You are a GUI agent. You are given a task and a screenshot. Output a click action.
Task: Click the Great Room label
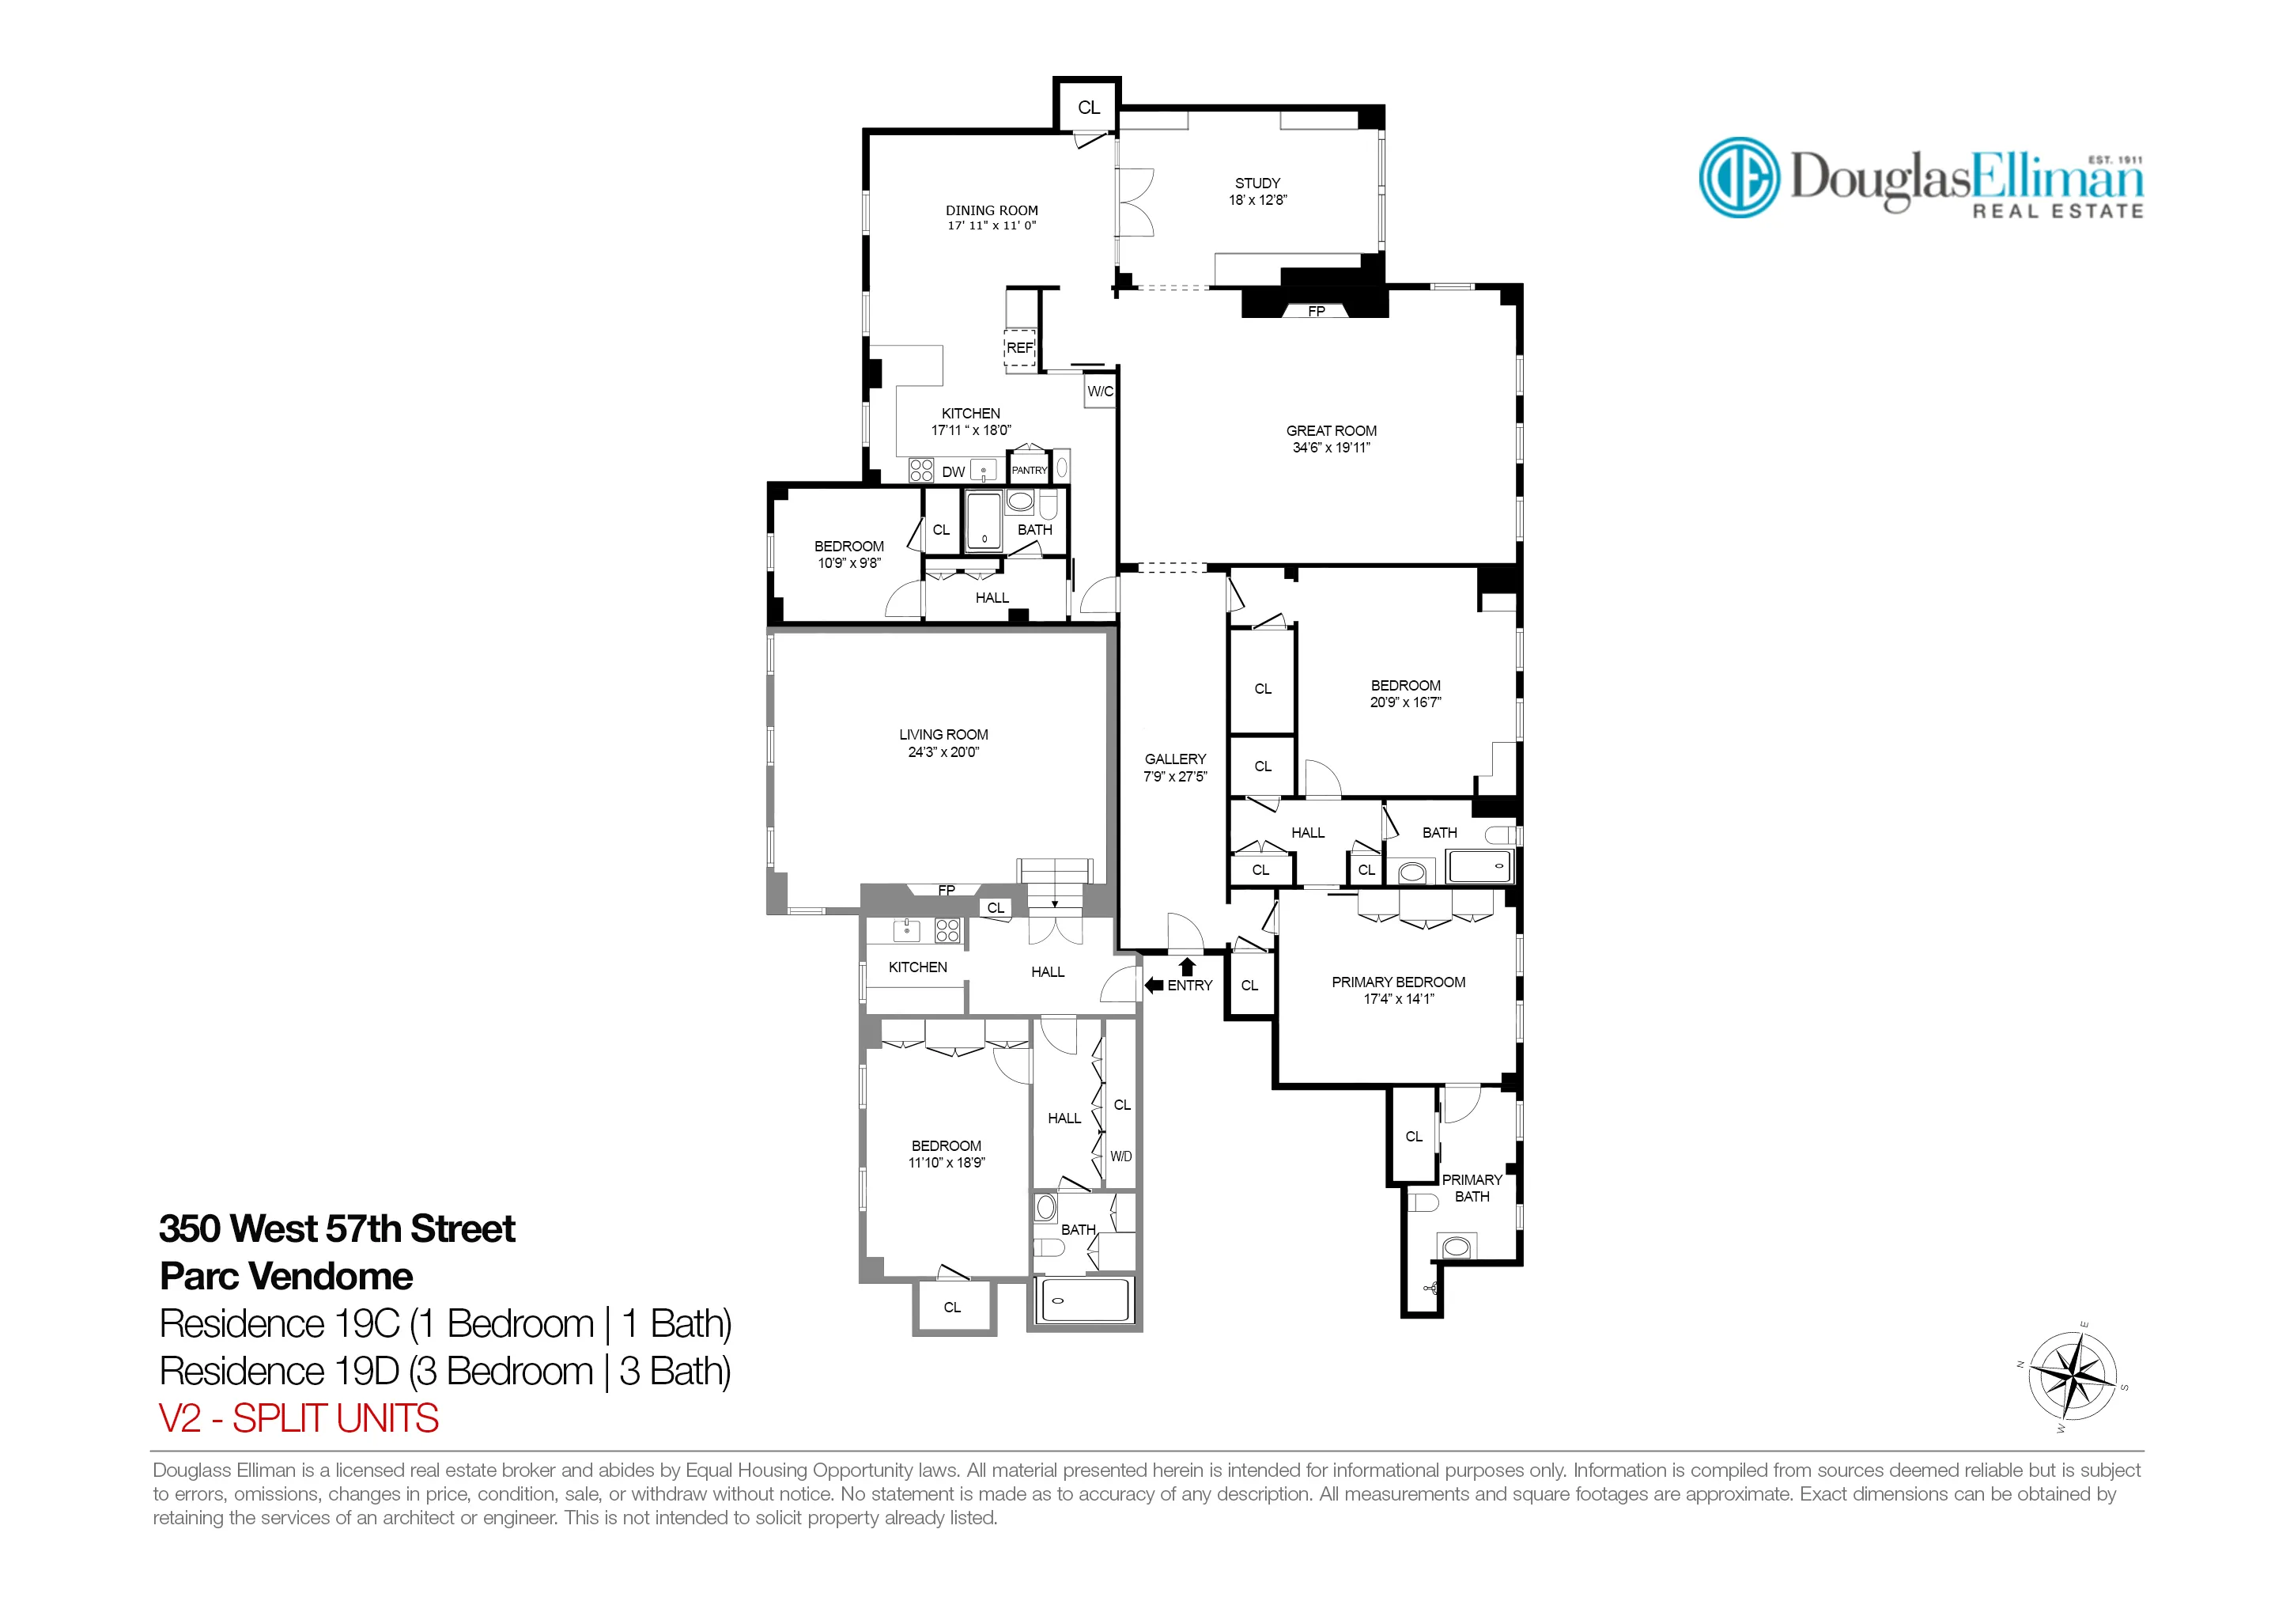coord(1331,431)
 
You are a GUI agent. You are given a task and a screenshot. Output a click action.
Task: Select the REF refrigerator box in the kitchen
coord(1019,348)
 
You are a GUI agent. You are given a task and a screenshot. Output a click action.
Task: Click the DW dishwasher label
coord(954,471)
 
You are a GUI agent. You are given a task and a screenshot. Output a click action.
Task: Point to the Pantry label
coord(1030,470)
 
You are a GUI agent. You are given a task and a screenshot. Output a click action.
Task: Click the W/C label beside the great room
coord(1100,391)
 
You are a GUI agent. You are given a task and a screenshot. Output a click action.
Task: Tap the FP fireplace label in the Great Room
coord(1316,311)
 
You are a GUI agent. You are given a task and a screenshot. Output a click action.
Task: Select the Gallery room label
coord(1175,759)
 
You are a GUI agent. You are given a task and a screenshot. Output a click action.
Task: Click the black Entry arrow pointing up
coord(1187,966)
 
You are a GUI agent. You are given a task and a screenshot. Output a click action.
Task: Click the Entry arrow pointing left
coord(1154,985)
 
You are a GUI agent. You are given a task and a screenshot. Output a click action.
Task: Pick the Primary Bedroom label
coord(1398,982)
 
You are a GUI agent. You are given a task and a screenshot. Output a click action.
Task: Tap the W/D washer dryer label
coord(1121,1157)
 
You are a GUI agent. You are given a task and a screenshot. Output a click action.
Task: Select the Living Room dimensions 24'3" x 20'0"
coord(943,752)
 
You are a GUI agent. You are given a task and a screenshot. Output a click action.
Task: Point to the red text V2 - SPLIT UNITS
coord(298,1418)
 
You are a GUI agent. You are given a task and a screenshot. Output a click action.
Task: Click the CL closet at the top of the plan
coord(1088,108)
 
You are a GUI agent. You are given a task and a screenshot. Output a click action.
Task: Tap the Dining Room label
coord(992,210)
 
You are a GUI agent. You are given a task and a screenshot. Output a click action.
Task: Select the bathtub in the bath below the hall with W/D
coord(1085,1300)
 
